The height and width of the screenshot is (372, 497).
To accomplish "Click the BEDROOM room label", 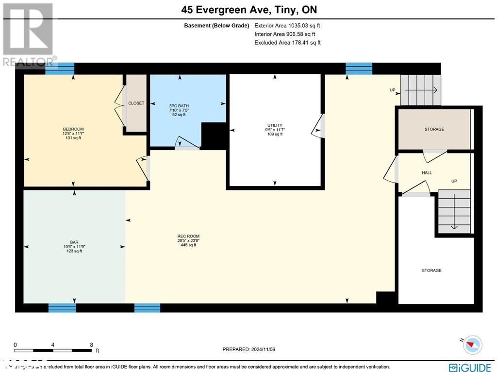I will pyautogui.click(x=73, y=129).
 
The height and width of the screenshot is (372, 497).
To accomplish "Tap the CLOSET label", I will pyautogui.click(x=136, y=103).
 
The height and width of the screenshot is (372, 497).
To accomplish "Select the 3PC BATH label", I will pyautogui.click(x=179, y=106).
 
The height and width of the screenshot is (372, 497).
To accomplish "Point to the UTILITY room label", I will pyautogui.click(x=275, y=125).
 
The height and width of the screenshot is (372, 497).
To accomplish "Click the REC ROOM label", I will pyautogui.click(x=188, y=237).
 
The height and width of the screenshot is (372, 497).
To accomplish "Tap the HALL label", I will pyautogui.click(x=427, y=172).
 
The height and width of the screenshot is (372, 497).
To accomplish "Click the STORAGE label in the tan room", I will pyautogui.click(x=434, y=129).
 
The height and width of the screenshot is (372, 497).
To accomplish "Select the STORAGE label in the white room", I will pyautogui.click(x=431, y=271).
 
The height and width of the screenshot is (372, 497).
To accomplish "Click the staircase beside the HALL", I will pyautogui.click(x=454, y=211).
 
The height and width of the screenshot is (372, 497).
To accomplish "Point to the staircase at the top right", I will pyautogui.click(x=420, y=90).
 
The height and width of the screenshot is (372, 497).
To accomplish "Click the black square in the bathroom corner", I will pyautogui.click(x=213, y=135).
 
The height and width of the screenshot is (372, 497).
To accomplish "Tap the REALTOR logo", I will pyautogui.click(x=28, y=34).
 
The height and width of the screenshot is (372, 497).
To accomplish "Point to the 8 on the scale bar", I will pyautogui.click(x=92, y=345).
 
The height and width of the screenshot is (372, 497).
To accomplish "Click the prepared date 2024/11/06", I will pyautogui.click(x=248, y=349).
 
